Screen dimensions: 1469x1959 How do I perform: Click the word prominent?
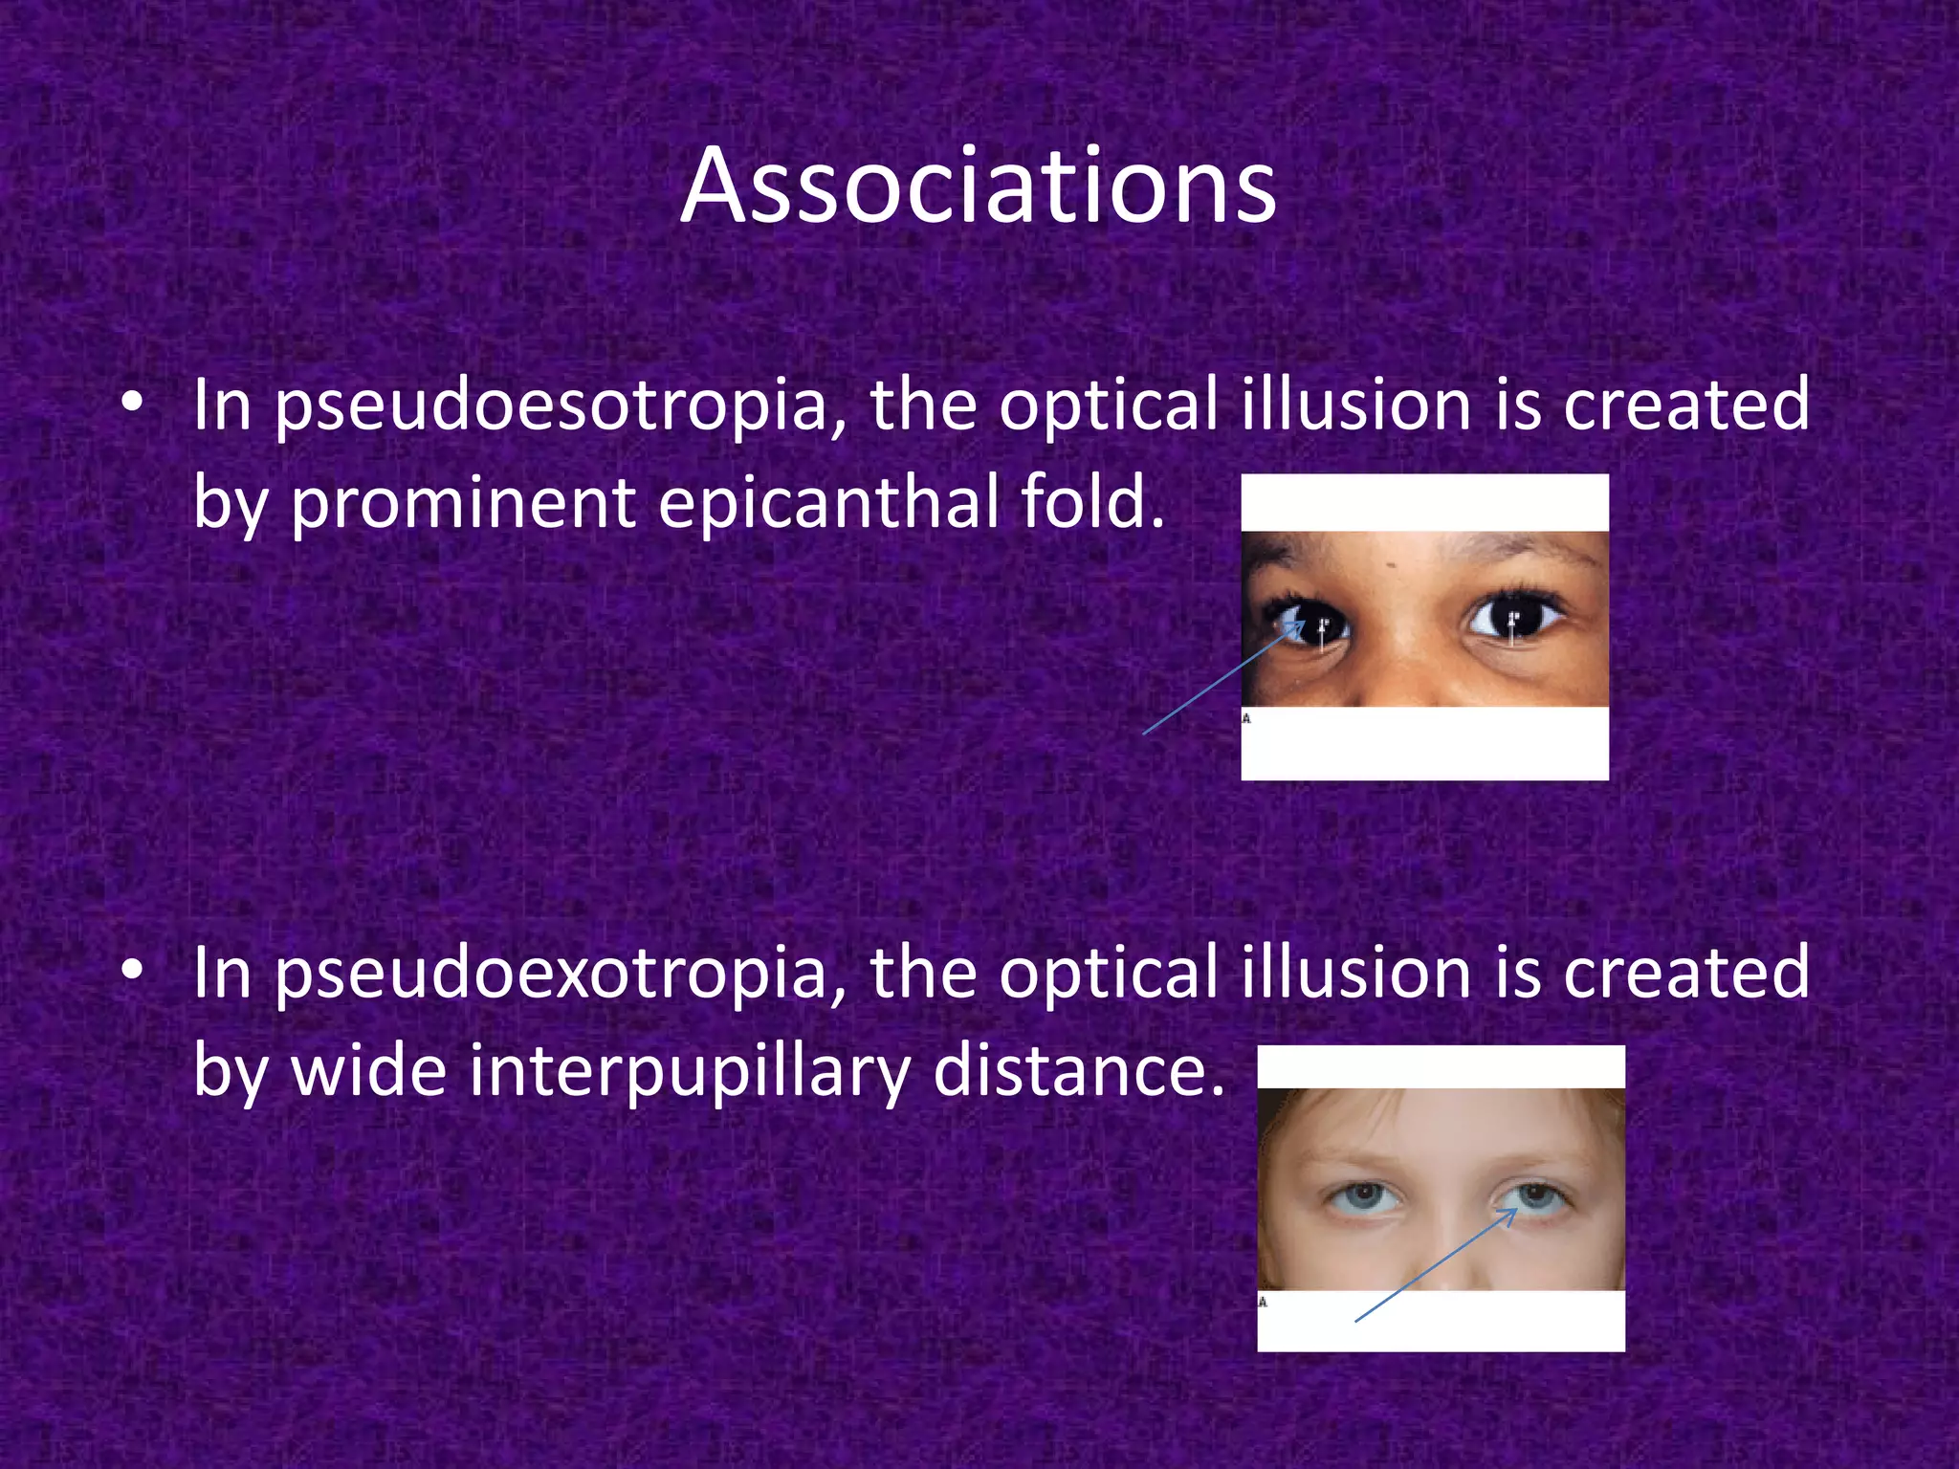point(463,504)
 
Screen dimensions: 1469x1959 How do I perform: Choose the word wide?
point(368,1071)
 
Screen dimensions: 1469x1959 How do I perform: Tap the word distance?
point(1078,1071)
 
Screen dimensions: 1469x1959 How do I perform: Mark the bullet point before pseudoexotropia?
point(133,972)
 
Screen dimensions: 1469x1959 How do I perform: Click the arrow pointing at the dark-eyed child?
point(1224,678)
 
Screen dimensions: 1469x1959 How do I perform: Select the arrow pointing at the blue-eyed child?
point(1435,1265)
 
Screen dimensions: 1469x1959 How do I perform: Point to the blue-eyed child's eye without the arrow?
point(1363,1196)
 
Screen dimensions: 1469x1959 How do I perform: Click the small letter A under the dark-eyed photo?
point(1246,718)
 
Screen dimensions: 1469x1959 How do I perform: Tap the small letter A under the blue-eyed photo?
point(1263,1302)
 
